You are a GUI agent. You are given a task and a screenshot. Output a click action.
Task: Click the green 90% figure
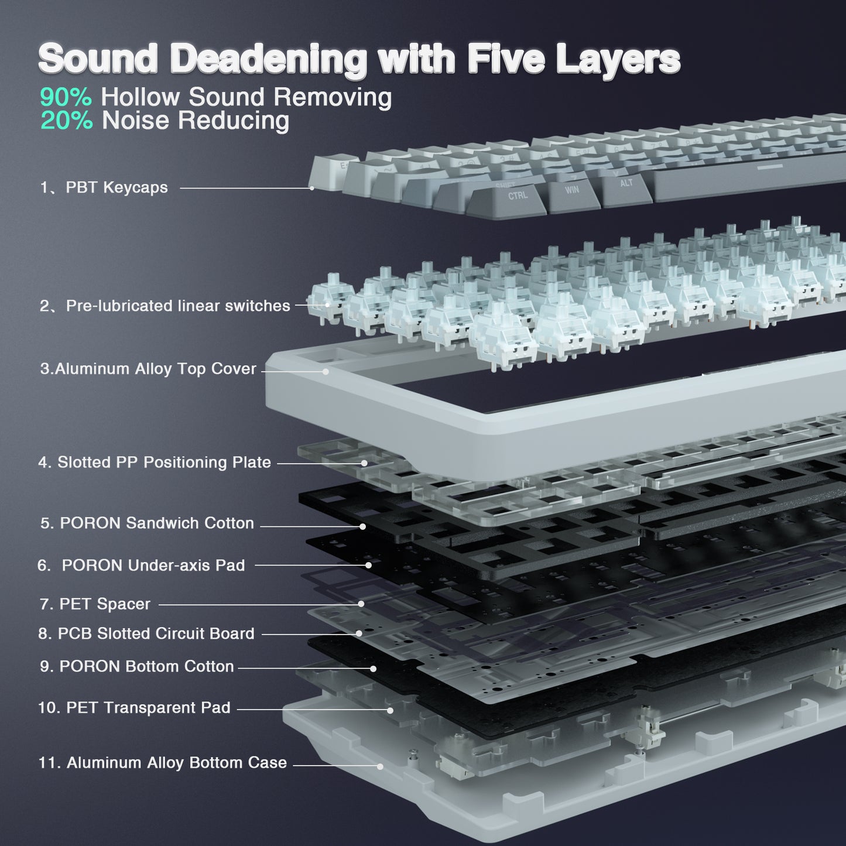(x=66, y=97)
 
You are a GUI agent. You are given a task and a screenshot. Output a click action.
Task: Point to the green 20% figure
(x=66, y=120)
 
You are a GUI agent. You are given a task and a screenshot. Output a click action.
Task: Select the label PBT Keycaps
(x=104, y=187)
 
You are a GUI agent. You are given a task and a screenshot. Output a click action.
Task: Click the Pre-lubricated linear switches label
(x=165, y=306)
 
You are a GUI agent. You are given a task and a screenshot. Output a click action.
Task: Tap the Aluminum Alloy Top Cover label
(x=148, y=369)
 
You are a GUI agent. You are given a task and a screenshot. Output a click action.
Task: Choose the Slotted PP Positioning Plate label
(x=155, y=463)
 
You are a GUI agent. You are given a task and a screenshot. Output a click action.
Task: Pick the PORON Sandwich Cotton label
(x=147, y=523)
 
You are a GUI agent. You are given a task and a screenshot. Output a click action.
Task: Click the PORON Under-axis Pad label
(x=141, y=565)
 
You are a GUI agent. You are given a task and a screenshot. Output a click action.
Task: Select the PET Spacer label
(x=95, y=604)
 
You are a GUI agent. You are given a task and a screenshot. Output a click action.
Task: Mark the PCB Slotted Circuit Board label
(x=146, y=633)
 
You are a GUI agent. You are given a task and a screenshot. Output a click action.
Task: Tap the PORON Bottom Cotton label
(x=136, y=666)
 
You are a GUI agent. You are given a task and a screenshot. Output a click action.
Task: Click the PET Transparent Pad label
(x=134, y=707)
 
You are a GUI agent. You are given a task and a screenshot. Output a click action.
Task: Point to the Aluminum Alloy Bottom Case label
(x=162, y=763)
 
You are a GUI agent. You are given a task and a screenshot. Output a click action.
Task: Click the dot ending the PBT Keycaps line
(x=311, y=188)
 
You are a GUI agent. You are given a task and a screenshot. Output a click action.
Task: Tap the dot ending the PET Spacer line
(x=361, y=604)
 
